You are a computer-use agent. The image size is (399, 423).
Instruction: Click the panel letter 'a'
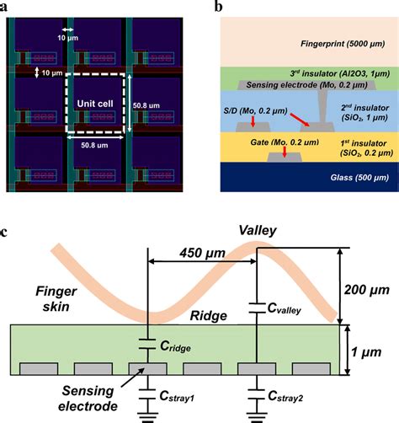[5, 6]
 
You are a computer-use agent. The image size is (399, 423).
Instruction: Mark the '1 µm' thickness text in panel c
[370, 348]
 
